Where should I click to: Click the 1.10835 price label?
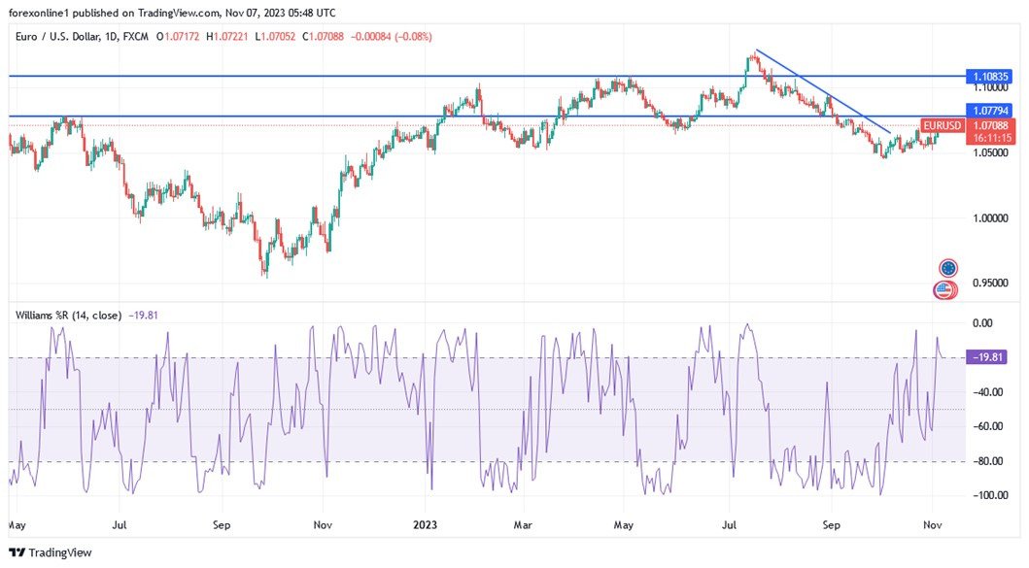coord(991,76)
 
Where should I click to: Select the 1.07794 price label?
coord(991,112)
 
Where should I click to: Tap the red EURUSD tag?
coord(942,126)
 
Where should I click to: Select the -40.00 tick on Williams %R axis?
coord(988,392)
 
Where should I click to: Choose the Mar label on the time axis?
coord(524,525)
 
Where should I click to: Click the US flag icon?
coord(943,288)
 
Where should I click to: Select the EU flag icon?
coord(948,268)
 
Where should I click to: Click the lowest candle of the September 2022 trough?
coord(265,275)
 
